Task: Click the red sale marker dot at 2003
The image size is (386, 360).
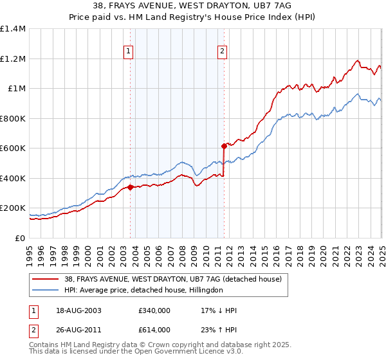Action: click(x=130, y=187)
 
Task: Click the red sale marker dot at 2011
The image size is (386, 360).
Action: click(x=224, y=146)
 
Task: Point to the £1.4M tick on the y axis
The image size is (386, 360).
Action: click(x=13, y=29)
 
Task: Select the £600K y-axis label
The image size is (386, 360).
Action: click(x=13, y=148)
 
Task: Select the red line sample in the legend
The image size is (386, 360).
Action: click(x=45, y=280)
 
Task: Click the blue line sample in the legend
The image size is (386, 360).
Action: click(x=45, y=291)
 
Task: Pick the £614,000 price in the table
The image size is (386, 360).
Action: click(x=154, y=330)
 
